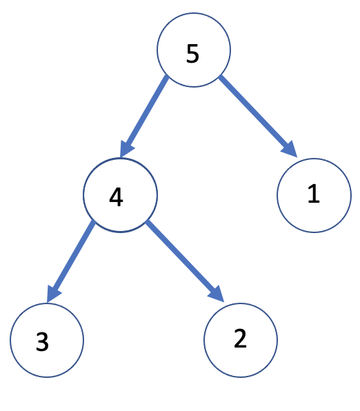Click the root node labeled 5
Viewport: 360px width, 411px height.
point(193,51)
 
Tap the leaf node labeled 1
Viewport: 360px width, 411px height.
point(314,197)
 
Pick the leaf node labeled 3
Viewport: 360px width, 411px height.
point(47,340)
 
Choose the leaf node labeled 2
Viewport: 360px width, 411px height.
point(241,340)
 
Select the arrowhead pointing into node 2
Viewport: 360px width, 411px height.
point(216,292)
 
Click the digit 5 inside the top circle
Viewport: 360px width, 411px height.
point(193,54)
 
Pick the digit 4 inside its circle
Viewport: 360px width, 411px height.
point(116,197)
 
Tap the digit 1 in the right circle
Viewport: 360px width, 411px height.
point(314,194)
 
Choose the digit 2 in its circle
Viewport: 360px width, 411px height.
point(240,339)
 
